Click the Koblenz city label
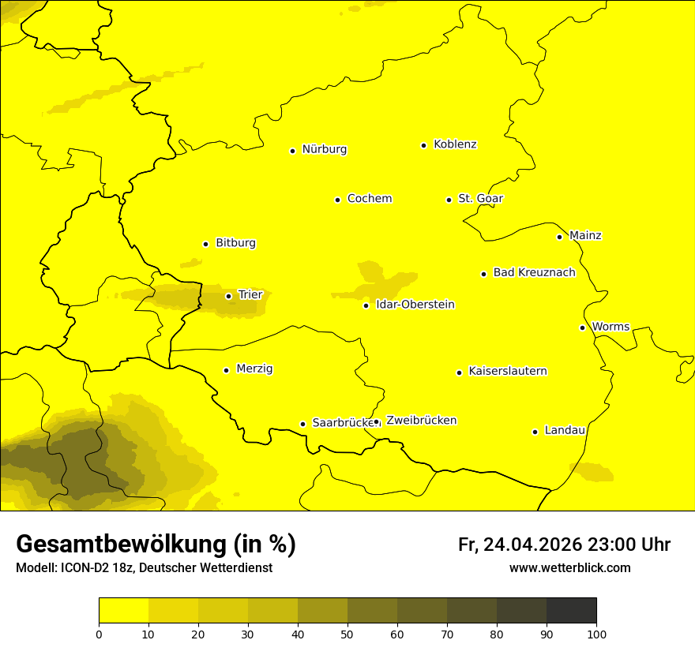[455, 144]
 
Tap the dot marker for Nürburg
[292, 151]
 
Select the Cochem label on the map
[369, 199]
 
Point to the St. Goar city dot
[449, 200]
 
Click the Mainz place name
[585, 236]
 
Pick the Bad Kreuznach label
[534, 273]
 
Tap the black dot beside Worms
[582, 327]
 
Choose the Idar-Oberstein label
[415, 305]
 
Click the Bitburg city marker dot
[205, 244]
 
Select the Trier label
[250, 295]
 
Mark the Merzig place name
[254, 369]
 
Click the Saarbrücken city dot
[302, 424]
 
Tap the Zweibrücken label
[421, 421]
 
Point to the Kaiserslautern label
[508, 372]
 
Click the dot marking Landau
[535, 432]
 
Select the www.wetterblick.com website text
[569, 568]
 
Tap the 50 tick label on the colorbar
[347, 634]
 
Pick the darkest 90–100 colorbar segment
[571, 610]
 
